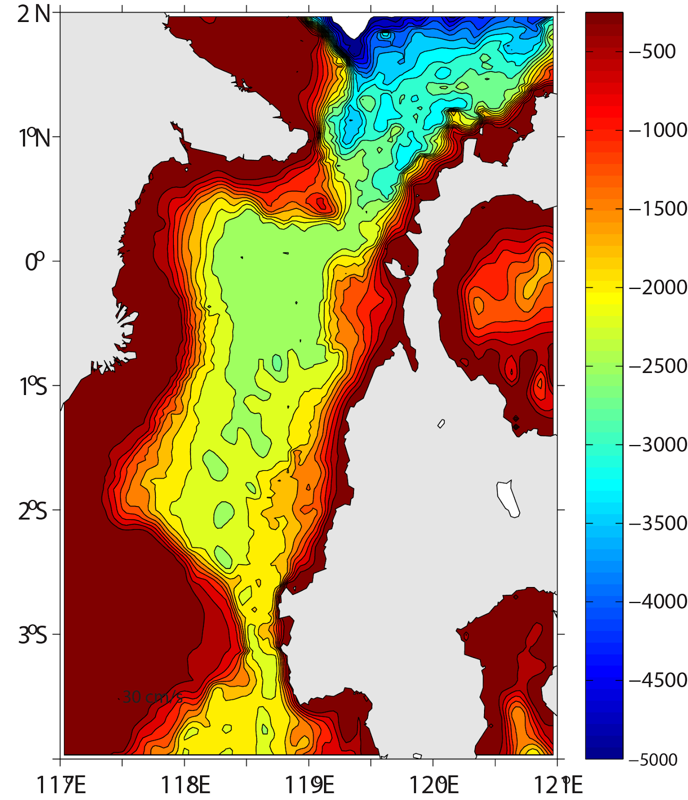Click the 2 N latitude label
(x=34, y=14)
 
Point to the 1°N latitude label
(x=35, y=137)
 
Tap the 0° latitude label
(x=34, y=261)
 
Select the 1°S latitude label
(x=34, y=386)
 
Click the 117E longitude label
(x=60, y=785)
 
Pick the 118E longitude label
(x=184, y=785)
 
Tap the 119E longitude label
(x=309, y=785)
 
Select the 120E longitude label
(x=433, y=785)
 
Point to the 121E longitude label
(x=558, y=785)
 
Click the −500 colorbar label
(x=652, y=51)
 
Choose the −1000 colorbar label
(x=658, y=130)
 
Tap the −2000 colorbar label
(x=658, y=287)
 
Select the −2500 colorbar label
(x=658, y=366)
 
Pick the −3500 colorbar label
(x=658, y=523)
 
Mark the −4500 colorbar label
(x=658, y=680)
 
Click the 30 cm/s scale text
(x=152, y=696)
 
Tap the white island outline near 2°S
(x=508, y=498)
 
